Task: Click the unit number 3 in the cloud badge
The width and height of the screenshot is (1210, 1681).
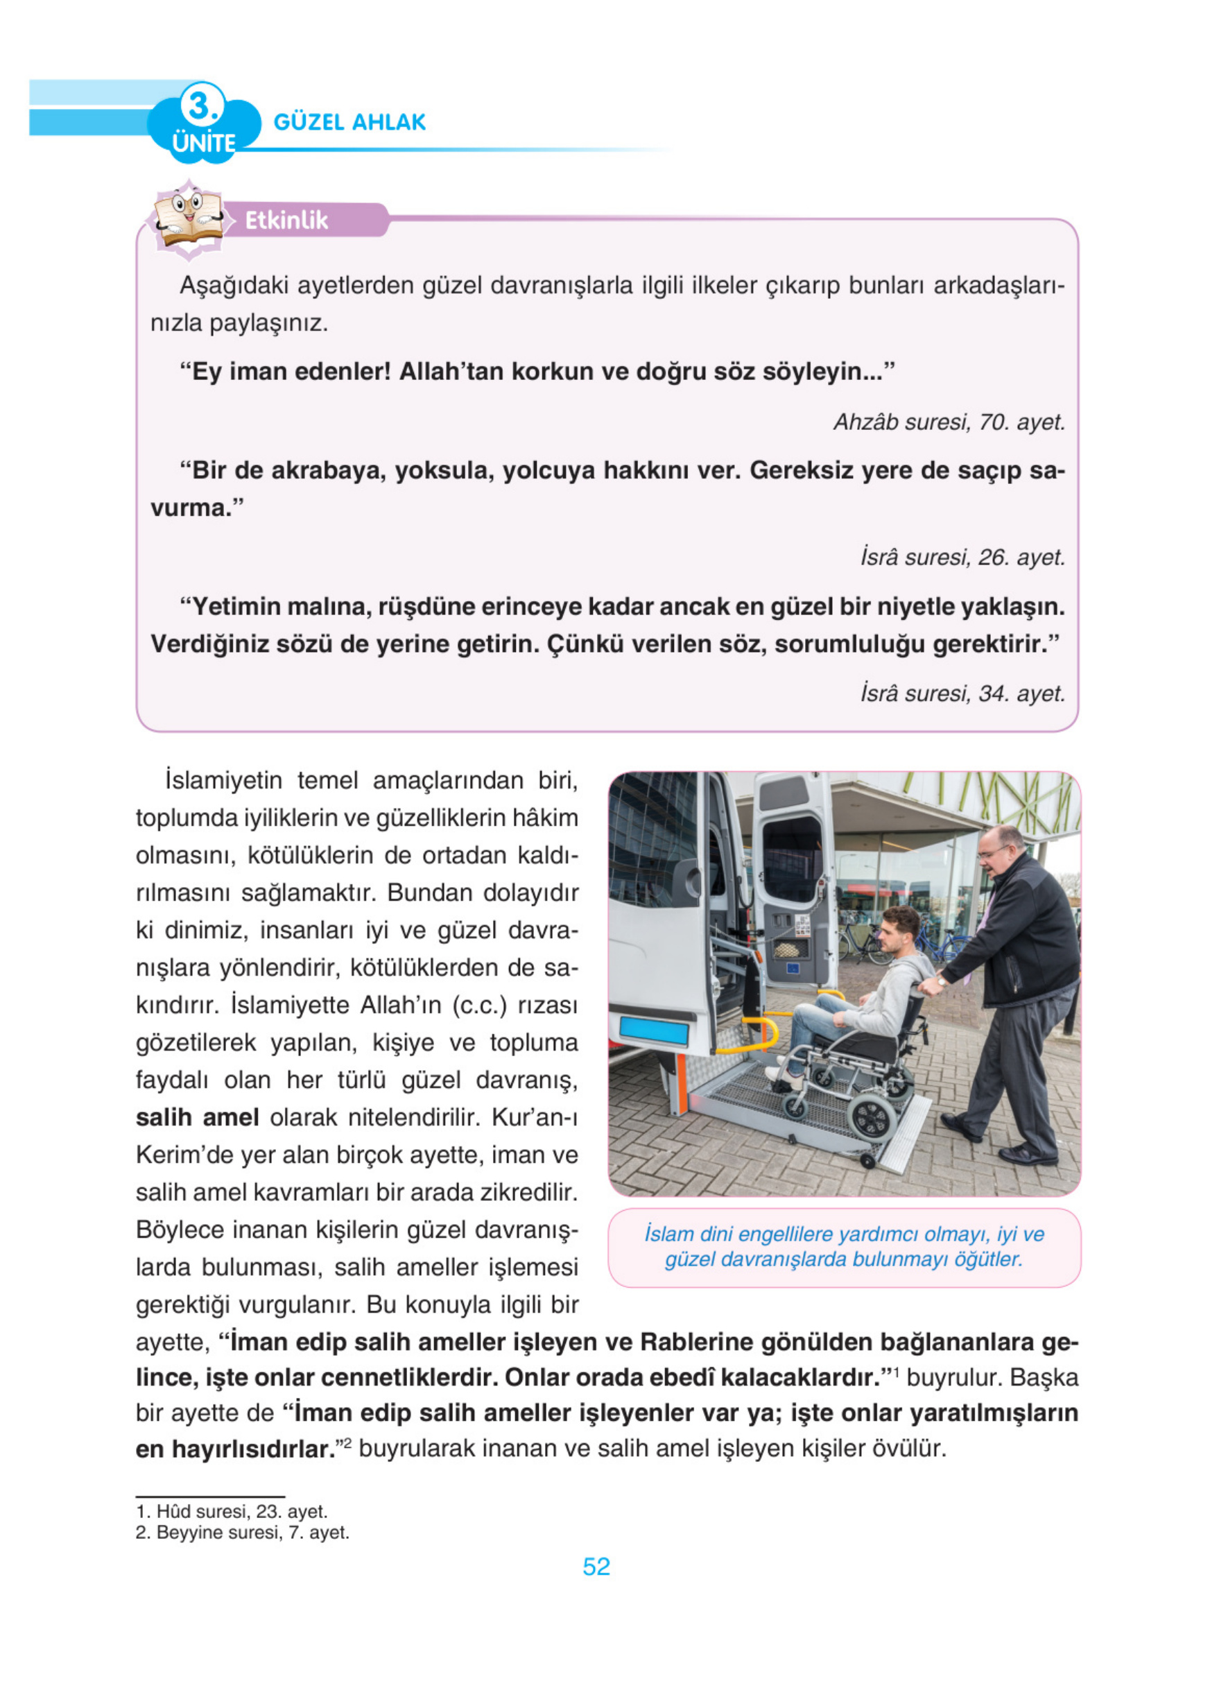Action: [x=200, y=105]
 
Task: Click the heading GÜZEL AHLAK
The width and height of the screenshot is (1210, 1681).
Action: [x=349, y=122]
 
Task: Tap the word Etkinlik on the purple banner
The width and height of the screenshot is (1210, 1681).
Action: [x=286, y=220]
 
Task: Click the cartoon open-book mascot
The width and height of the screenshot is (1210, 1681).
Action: [x=188, y=218]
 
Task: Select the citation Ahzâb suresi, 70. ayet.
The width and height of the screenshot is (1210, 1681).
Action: [x=949, y=422]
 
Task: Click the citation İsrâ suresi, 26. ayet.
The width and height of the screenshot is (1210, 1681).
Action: [x=962, y=558]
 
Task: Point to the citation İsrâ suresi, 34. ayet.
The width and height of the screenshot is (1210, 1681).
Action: [x=962, y=693]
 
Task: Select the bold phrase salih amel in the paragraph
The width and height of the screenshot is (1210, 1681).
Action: [x=197, y=1117]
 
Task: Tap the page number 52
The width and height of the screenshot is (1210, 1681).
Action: [x=596, y=1566]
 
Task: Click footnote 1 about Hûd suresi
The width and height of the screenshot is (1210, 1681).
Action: [x=231, y=1511]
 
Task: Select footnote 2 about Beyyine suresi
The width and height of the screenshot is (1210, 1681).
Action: [x=241, y=1532]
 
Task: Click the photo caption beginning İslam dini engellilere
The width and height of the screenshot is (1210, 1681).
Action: [x=843, y=1246]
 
